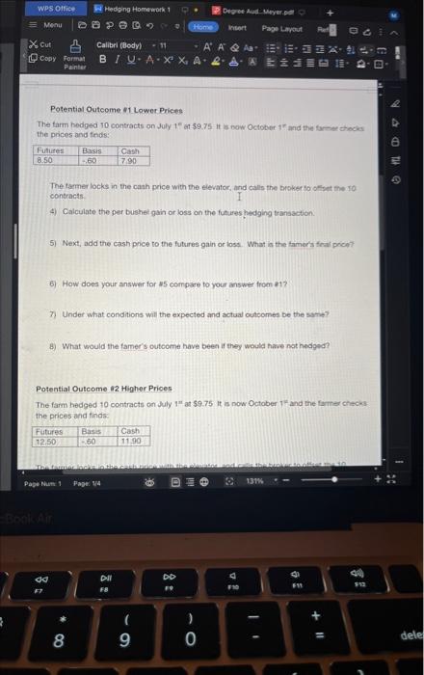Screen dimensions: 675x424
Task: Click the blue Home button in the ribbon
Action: click(x=204, y=29)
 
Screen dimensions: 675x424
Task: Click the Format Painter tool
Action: click(x=74, y=61)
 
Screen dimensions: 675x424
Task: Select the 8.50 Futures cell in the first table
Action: click(x=45, y=160)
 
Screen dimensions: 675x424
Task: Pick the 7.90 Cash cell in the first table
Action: click(x=129, y=160)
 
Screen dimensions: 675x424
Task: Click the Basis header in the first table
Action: click(x=93, y=150)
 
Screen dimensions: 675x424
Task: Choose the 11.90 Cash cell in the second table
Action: click(x=133, y=440)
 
